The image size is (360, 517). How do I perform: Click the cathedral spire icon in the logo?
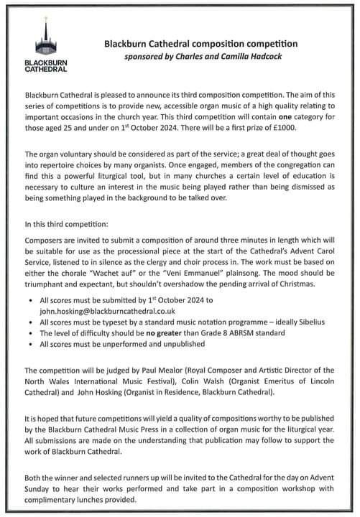tap(46, 39)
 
